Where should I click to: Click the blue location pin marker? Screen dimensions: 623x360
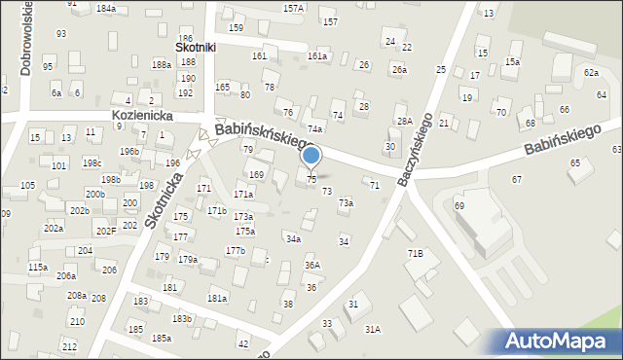pos(311,156)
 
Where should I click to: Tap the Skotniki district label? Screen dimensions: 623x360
pos(194,46)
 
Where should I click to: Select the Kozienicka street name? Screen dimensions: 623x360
pos(142,115)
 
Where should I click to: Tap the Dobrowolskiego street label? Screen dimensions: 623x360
pos(21,39)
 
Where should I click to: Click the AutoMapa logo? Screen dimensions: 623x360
pos(560,342)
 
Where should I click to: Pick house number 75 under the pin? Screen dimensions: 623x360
pos(311,180)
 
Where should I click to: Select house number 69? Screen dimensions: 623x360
pos(458,206)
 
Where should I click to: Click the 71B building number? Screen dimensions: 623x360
pos(416,253)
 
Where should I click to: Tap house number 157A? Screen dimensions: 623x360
pos(293,8)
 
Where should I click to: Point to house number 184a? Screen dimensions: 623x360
pos(105,8)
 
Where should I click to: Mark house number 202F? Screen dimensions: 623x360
pos(105,231)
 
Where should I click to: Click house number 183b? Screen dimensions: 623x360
pos(182,318)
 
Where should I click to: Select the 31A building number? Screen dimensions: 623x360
pos(372,330)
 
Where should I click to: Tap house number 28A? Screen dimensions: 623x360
pos(404,121)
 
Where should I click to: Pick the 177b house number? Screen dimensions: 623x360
pos(235,250)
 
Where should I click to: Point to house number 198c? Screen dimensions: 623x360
pos(92,162)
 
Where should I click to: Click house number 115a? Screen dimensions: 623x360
pos(37,267)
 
